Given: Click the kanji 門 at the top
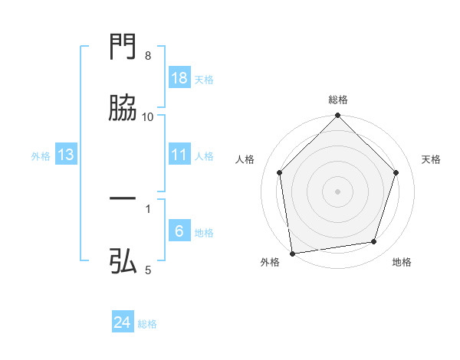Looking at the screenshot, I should coord(123,48).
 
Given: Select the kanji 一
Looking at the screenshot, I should coord(123,199).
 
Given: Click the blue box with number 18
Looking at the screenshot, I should coord(179,78).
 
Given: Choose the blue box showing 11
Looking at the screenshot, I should coord(179,155).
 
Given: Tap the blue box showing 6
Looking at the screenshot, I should coord(179,231).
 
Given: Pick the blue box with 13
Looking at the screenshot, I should coord(66,155).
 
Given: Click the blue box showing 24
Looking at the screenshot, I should coord(123,322).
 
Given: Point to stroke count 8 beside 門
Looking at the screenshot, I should coord(148,56).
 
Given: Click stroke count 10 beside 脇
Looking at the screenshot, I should coord(148,116).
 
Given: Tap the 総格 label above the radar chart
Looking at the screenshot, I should coord(338,100).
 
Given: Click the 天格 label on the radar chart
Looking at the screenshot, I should coord(432,159).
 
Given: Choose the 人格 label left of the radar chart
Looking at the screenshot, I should coord(245,159).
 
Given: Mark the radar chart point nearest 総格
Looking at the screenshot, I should coord(338,117).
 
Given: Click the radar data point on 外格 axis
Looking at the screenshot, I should coord(292,253).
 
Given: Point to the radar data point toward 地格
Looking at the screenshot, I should coord(374,242).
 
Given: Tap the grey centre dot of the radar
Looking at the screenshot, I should coord(338,191).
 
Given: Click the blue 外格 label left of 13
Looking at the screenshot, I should coord(41,155).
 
